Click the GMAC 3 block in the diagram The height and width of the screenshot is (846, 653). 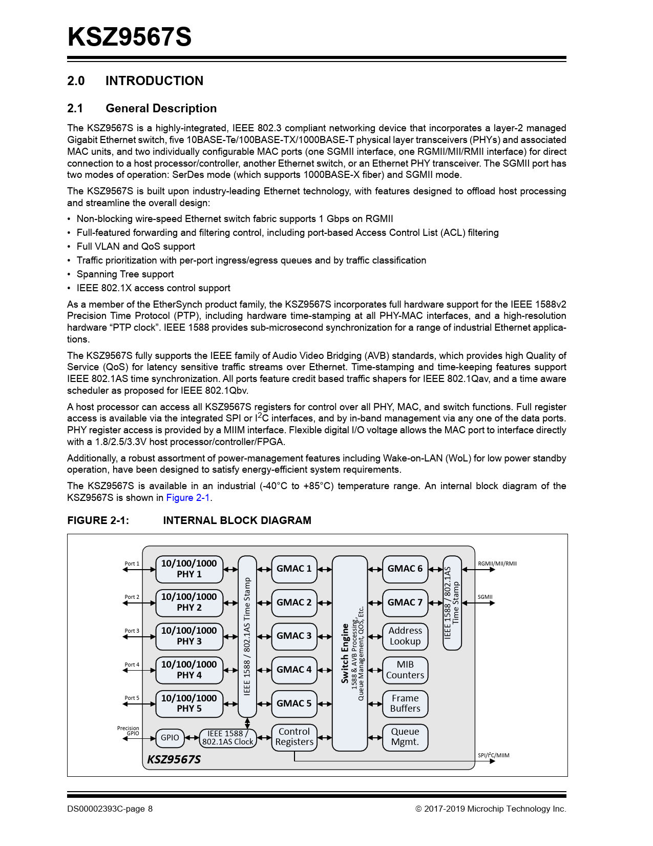[x=294, y=636]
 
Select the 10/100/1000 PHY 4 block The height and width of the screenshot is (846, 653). [x=189, y=670]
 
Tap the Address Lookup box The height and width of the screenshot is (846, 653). [x=405, y=636]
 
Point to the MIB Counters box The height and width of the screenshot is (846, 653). [x=405, y=670]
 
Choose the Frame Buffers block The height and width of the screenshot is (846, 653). [x=405, y=703]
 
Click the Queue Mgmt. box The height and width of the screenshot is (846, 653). [x=405, y=737]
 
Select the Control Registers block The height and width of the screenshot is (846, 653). [x=294, y=737]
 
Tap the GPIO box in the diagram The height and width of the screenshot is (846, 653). [x=170, y=738]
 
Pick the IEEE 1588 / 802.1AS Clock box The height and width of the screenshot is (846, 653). [x=227, y=738]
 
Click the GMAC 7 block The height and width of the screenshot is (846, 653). [x=405, y=602]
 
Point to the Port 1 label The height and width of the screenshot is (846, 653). [x=132, y=563]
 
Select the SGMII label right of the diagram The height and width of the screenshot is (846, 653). [x=485, y=597]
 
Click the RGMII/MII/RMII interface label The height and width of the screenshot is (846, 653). [x=497, y=563]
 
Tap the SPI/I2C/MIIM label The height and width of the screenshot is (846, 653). [x=493, y=755]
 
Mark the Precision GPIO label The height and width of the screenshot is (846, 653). [x=128, y=731]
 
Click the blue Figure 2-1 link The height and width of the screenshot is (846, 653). [x=188, y=498]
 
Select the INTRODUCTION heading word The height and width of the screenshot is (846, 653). [x=154, y=81]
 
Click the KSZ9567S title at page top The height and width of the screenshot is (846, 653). [x=130, y=37]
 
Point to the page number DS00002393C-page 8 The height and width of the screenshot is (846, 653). [x=110, y=809]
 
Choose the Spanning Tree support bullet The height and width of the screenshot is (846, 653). [x=125, y=274]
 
